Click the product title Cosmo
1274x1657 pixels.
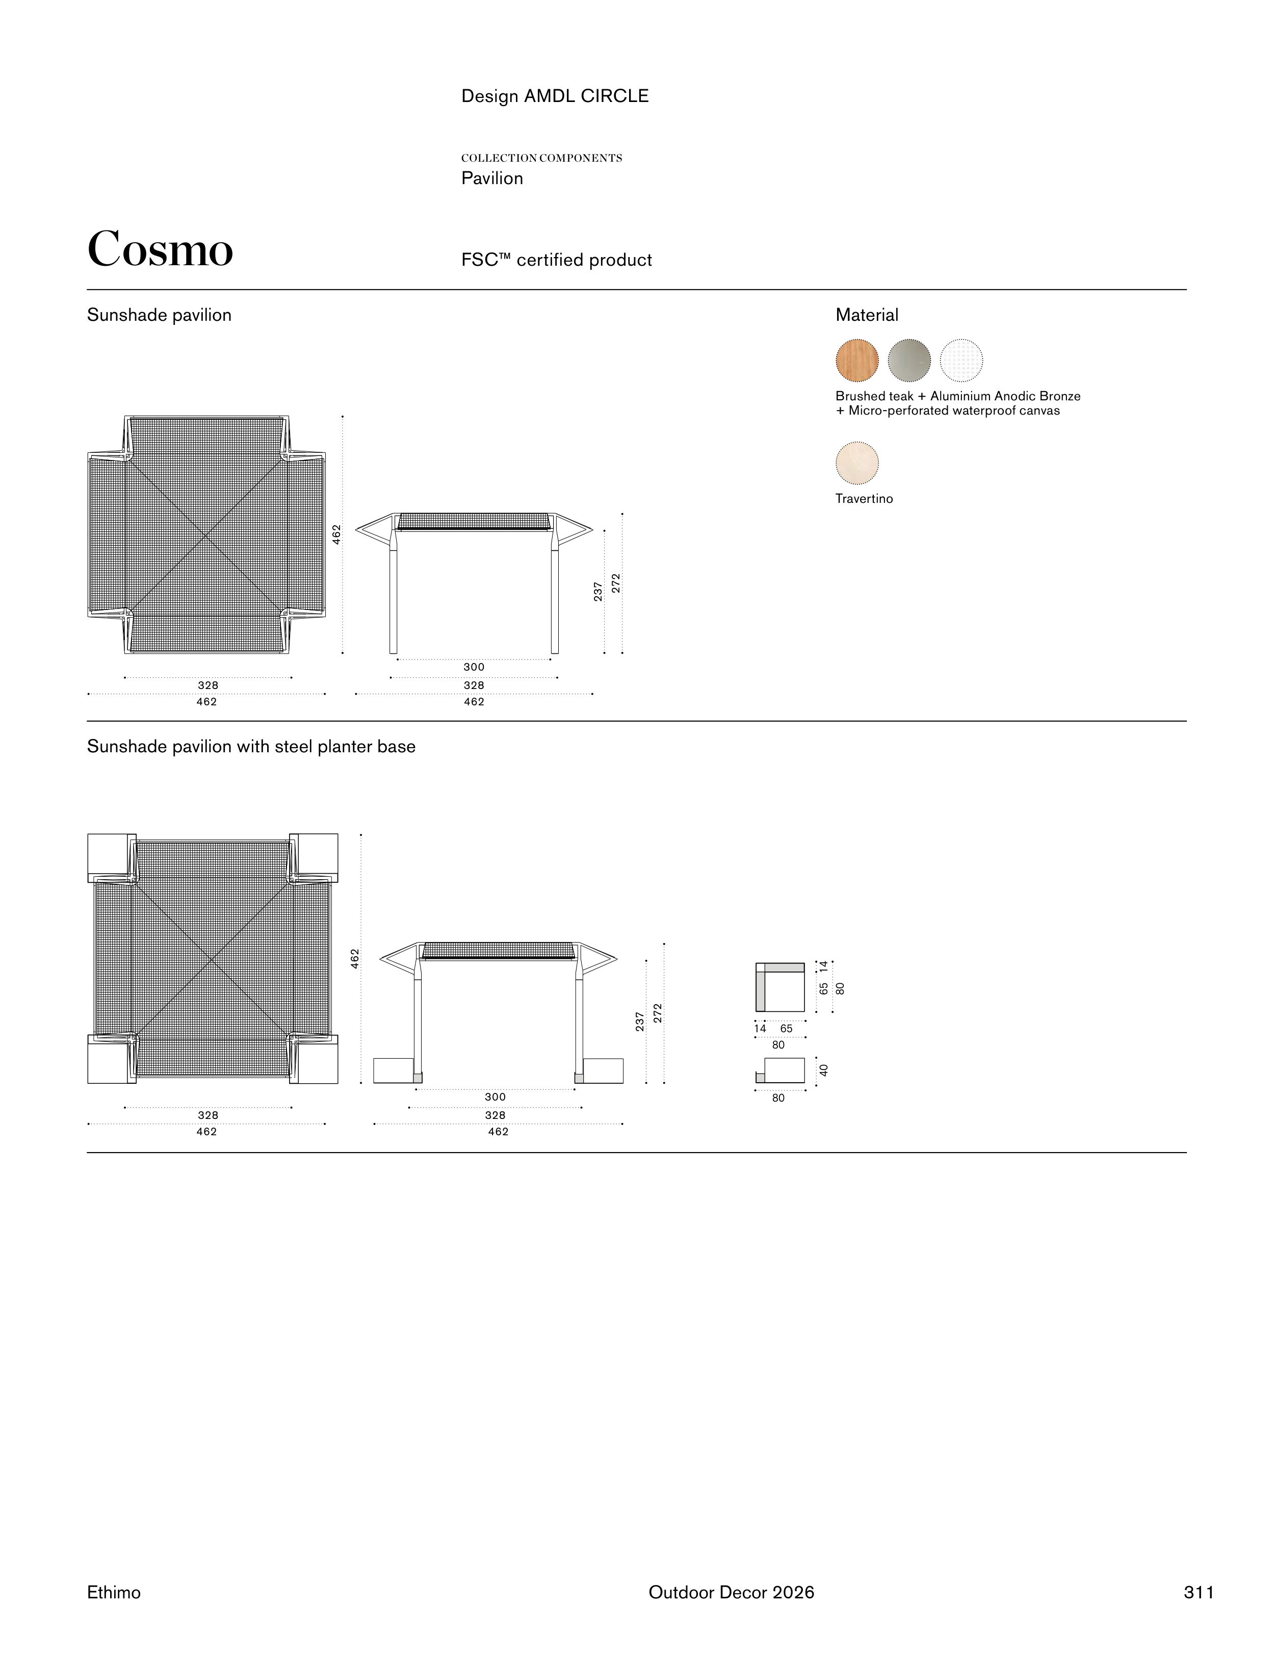160,249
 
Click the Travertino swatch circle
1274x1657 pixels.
857,463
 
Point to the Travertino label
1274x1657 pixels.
864,498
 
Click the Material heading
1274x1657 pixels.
867,315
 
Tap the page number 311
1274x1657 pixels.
1198,1592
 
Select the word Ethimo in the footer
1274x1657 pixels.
114,1592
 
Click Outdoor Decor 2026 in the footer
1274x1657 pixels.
731,1592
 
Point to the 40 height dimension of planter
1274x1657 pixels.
823,1070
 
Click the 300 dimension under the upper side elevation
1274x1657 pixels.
474,667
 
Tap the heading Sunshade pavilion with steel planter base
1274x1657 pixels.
251,747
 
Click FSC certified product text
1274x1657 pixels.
557,260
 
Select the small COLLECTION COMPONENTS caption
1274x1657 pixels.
541,158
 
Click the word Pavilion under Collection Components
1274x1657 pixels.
492,179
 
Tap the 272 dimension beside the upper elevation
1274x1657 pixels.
616,583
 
